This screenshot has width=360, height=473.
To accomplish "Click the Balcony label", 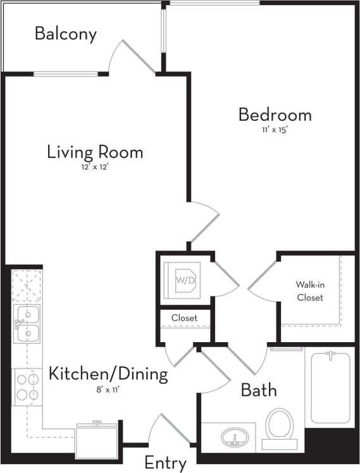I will (x=66, y=34).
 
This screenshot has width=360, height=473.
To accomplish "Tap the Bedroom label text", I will (x=275, y=115).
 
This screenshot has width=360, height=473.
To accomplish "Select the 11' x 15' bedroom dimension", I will (x=275, y=130).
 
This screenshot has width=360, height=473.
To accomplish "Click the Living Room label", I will (x=95, y=152).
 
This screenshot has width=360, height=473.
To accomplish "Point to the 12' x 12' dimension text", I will (x=95, y=167).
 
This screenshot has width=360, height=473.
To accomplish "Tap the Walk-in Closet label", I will (x=309, y=291).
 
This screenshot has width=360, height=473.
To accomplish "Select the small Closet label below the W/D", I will (x=184, y=317).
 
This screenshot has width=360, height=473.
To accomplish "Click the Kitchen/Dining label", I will (x=108, y=374).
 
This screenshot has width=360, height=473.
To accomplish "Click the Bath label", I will (x=259, y=390).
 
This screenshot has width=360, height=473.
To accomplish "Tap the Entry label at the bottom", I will (x=165, y=463).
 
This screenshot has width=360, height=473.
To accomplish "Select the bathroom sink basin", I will (x=235, y=437).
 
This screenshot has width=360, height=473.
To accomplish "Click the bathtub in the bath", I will (x=330, y=388).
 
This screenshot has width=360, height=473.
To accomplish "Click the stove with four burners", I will (x=27, y=387).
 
